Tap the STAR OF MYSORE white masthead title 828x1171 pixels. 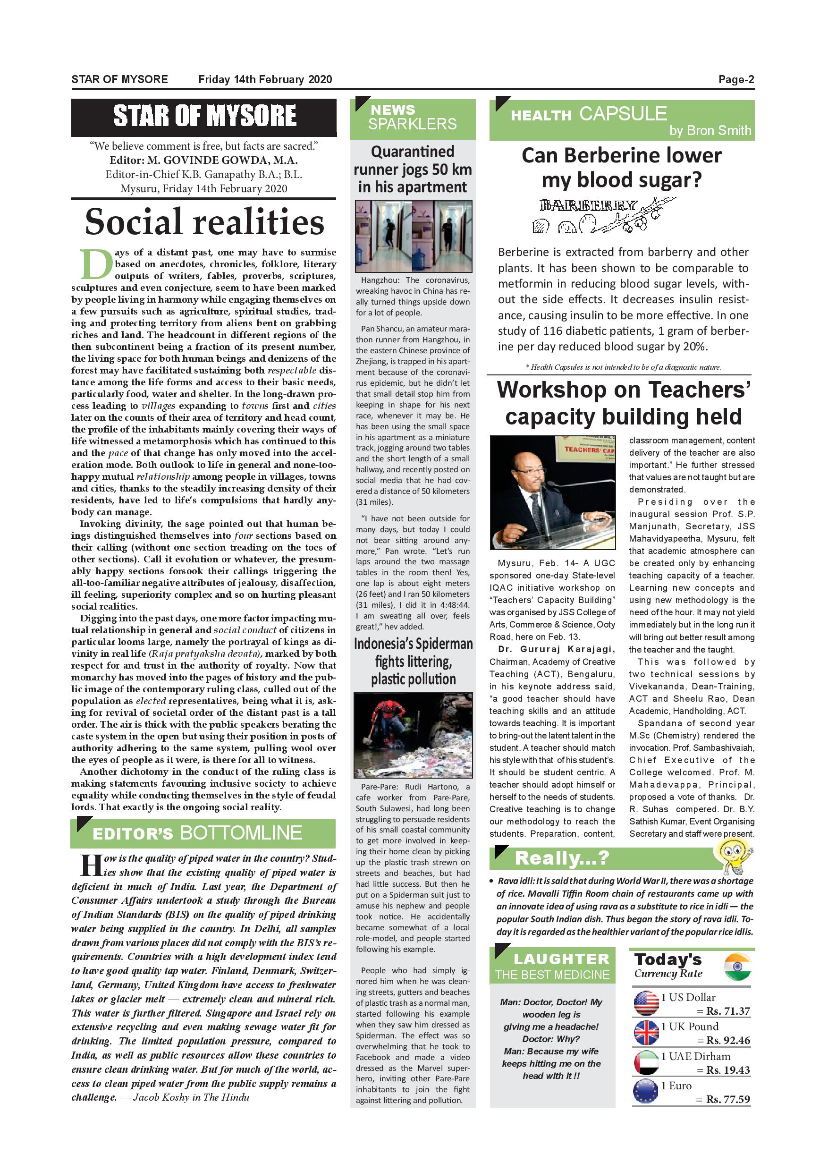pos(204,116)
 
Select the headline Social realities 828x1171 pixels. pos(204,222)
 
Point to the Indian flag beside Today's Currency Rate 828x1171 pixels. pos(737,967)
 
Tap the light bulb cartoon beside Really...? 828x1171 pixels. pos(734,857)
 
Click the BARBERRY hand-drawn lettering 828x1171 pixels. pos(588,205)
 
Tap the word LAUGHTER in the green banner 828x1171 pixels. pos(561,959)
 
